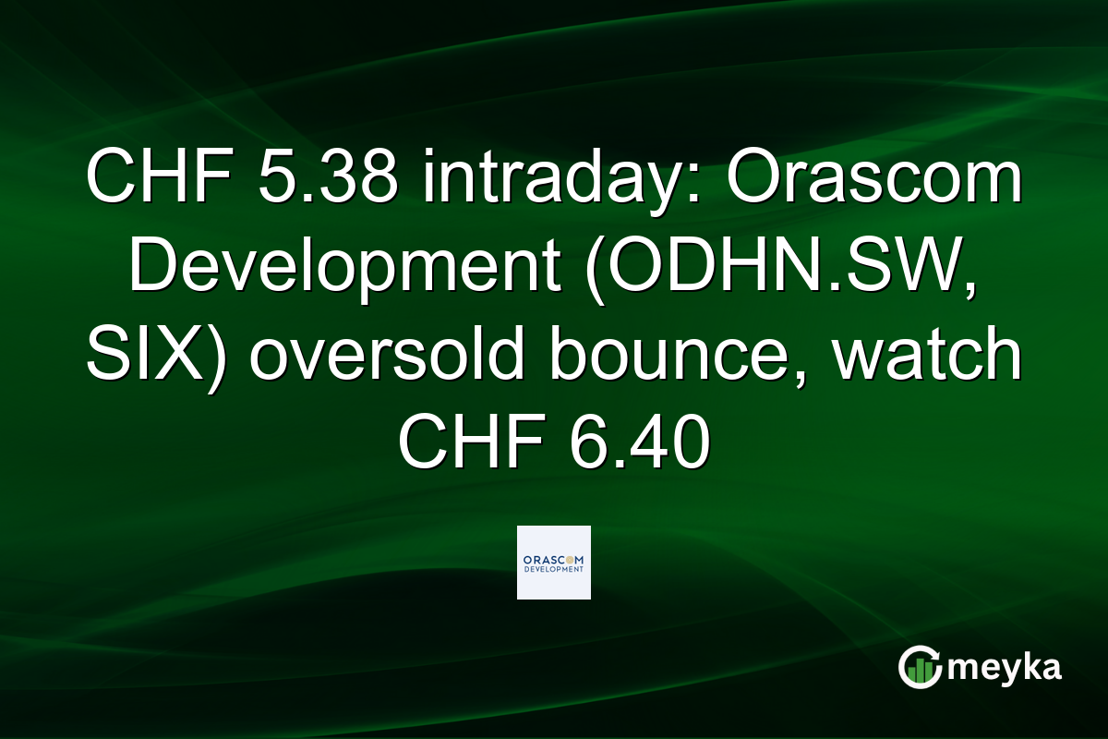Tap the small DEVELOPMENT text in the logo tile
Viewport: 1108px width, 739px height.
pos(553,570)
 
